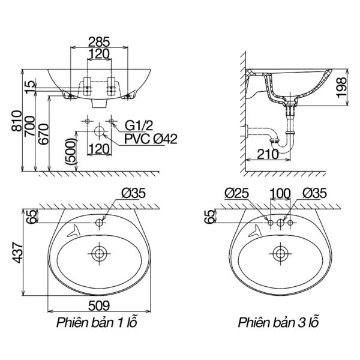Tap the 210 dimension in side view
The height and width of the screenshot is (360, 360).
click(268, 154)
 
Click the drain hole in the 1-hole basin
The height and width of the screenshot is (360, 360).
click(99, 253)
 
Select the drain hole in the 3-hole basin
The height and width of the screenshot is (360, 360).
click(279, 253)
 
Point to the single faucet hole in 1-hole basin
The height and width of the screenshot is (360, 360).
click(99, 223)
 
